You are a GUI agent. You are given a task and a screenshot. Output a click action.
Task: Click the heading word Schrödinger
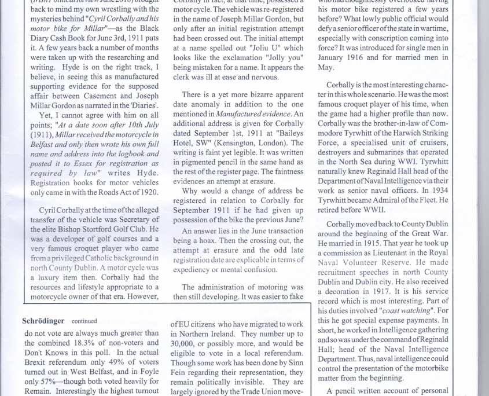coord(44,321)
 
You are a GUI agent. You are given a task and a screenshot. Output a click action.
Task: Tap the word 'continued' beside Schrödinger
coord(84,321)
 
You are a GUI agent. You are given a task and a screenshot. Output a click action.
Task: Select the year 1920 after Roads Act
coord(149,192)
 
